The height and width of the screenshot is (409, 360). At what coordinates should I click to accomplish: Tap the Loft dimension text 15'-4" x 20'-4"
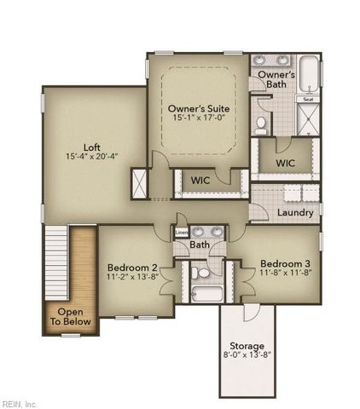tap(91, 156)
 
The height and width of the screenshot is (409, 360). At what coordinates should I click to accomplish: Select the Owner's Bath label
tap(276, 79)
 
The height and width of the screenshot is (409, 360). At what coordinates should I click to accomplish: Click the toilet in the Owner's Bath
tap(260, 124)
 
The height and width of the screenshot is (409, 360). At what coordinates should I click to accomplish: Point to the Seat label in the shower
tap(307, 100)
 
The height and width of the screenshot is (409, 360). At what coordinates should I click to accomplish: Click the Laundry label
tap(296, 212)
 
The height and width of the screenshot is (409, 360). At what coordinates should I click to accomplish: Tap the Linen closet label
tap(181, 233)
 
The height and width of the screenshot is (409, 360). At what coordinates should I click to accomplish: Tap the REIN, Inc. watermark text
tap(20, 402)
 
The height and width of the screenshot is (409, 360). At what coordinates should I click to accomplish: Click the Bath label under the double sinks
tap(200, 245)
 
